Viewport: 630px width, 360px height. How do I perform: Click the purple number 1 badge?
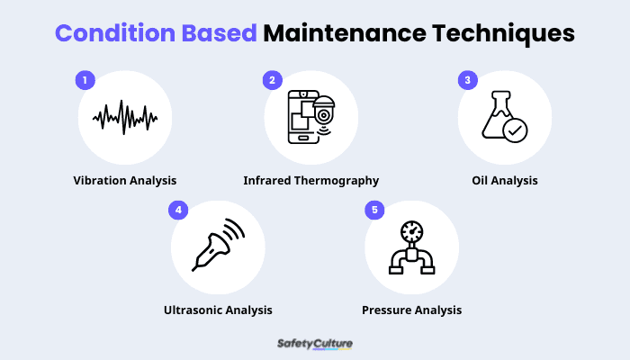[x=85, y=80]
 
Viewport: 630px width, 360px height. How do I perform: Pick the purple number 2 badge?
[x=273, y=80]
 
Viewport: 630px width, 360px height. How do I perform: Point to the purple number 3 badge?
[x=466, y=80]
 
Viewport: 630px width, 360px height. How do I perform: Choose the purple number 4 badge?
[x=178, y=210]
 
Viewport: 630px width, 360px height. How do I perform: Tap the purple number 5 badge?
[x=373, y=210]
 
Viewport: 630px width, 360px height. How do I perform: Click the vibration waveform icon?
[x=125, y=116]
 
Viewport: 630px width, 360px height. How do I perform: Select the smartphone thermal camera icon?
[x=309, y=117]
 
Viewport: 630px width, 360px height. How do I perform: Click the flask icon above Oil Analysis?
[x=502, y=117]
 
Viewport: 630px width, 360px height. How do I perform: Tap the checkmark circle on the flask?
[x=516, y=130]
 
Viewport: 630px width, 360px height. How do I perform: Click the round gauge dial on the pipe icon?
[x=411, y=230]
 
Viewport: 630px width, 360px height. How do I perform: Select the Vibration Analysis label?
[x=125, y=180]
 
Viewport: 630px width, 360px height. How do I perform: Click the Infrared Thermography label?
[x=311, y=180]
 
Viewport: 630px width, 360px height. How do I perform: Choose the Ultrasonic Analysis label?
[x=218, y=310]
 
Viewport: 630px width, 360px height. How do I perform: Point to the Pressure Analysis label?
[x=412, y=310]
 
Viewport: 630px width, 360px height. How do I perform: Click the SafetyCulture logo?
[x=314, y=343]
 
